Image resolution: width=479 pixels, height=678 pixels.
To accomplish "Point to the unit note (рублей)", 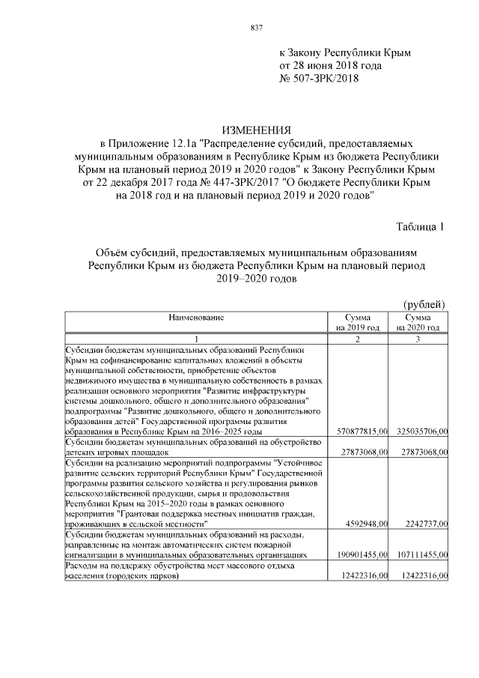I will click(424, 304).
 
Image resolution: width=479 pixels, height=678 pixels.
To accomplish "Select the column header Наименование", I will click(196, 318).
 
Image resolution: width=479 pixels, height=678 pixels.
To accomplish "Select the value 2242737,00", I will click(424, 524).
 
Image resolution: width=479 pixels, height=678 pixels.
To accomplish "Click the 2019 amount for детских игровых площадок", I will click(361, 452).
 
